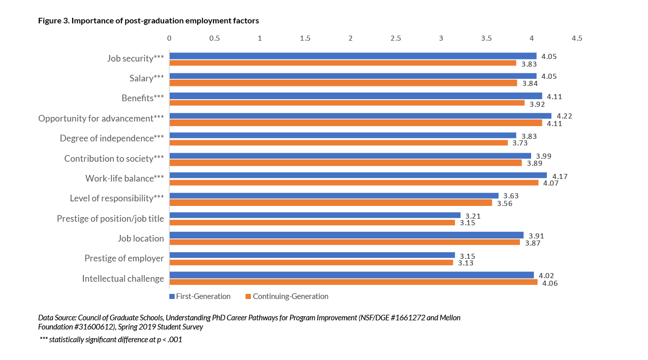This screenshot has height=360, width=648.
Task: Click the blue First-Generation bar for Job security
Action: click(x=353, y=56)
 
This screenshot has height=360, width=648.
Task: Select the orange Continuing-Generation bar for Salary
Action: click(x=343, y=83)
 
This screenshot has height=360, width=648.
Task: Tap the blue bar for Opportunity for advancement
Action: click(x=360, y=115)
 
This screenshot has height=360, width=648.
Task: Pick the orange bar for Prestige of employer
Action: click(x=311, y=262)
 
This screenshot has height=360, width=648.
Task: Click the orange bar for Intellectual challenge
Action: click(x=353, y=282)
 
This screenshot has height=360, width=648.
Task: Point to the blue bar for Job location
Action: click(x=346, y=235)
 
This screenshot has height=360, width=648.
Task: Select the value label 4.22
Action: click(x=564, y=116)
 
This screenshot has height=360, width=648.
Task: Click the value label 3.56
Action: click(x=505, y=203)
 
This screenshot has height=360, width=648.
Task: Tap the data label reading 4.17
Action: click(x=560, y=176)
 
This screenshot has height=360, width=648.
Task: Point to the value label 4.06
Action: click(x=550, y=283)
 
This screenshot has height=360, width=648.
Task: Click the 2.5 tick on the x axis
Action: click(x=395, y=38)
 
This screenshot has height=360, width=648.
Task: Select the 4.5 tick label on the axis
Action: click(x=577, y=38)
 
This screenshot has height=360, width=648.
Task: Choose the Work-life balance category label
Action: click(x=125, y=178)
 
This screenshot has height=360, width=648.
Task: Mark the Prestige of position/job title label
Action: click(x=110, y=219)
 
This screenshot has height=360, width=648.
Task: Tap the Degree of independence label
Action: click(x=112, y=138)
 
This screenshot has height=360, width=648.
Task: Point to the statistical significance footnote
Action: click(x=111, y=340)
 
